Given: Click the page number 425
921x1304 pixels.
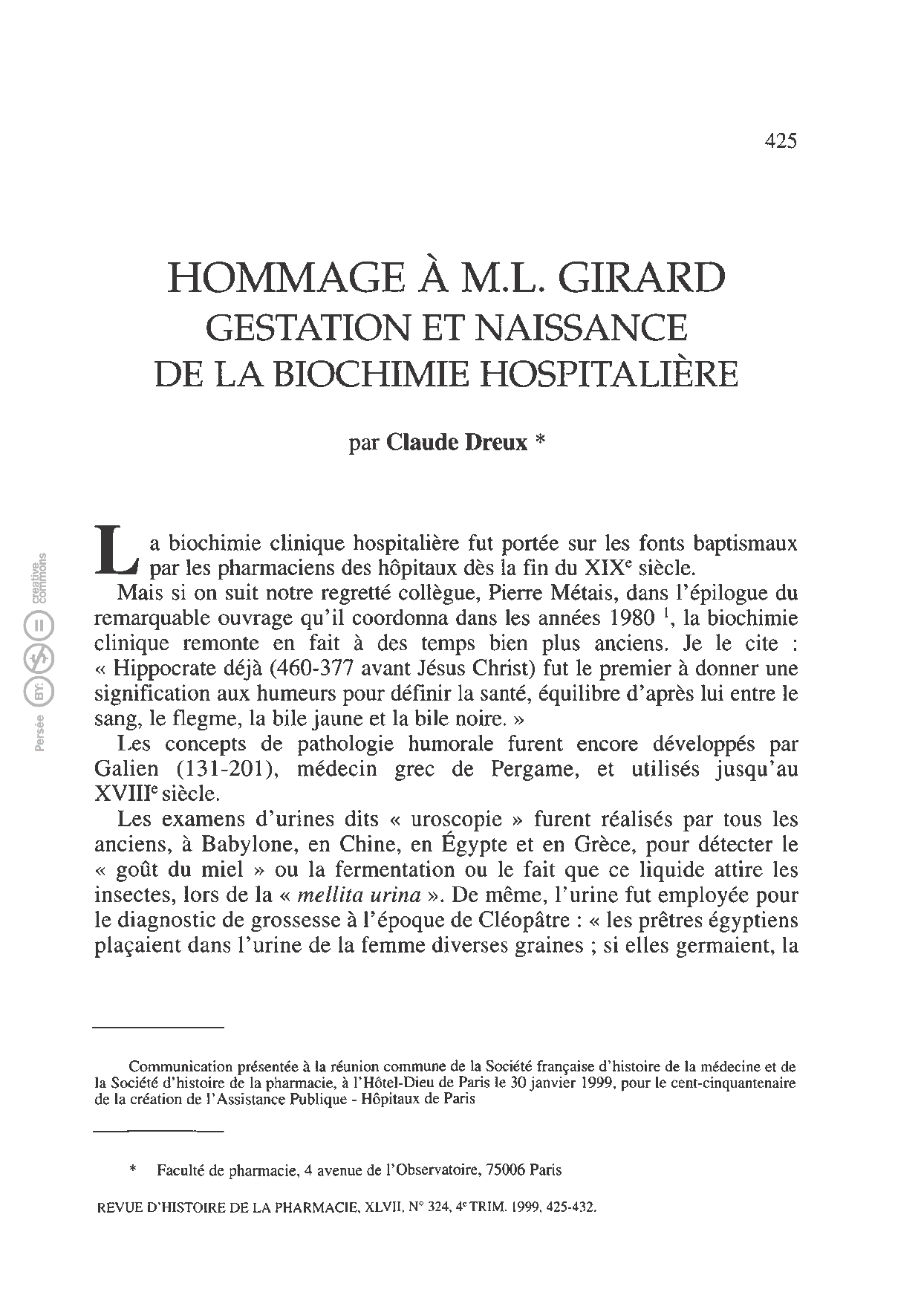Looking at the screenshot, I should (x=780, y=141).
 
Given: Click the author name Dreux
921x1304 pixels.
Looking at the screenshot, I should (x=496, y=443).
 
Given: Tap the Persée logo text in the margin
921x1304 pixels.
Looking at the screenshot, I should (x=41, y=732).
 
